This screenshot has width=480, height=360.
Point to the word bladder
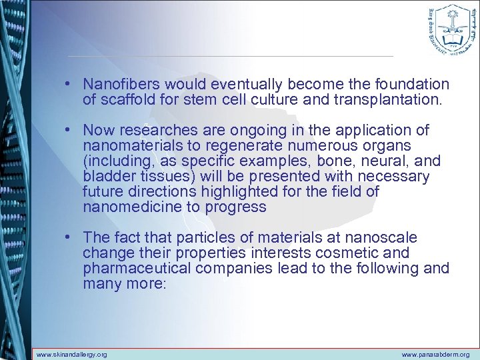(105, 177)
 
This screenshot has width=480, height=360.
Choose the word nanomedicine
(127, 207)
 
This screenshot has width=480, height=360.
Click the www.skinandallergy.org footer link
(71, 355)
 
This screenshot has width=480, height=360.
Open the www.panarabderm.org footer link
(436, 355)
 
